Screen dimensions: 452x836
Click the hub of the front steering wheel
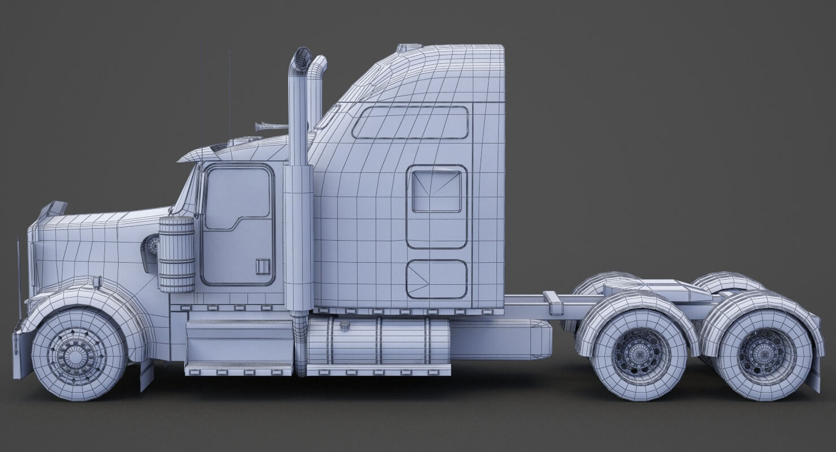point(75,355)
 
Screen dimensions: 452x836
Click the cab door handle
point(263,266)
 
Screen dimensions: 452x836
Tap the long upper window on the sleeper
point(410,123)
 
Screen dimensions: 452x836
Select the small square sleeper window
point(436,192)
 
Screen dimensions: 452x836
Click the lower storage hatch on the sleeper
point(437,279)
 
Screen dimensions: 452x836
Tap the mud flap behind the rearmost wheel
point(813,373)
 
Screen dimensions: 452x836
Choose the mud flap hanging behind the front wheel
point(146,375)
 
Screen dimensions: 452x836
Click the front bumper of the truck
point(21,353)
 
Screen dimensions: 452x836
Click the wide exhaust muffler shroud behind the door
point(298,237)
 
